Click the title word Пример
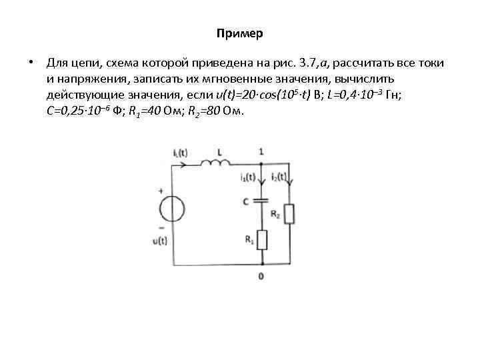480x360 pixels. click(240, 33)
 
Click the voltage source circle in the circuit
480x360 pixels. click(172, 207)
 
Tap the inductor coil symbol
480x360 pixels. click(214, 163)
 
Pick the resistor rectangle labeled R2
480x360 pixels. click(289, 214)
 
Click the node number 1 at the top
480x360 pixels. click(261, 151)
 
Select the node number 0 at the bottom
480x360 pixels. click(261, 275)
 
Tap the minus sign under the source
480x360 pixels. click(161, 227)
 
